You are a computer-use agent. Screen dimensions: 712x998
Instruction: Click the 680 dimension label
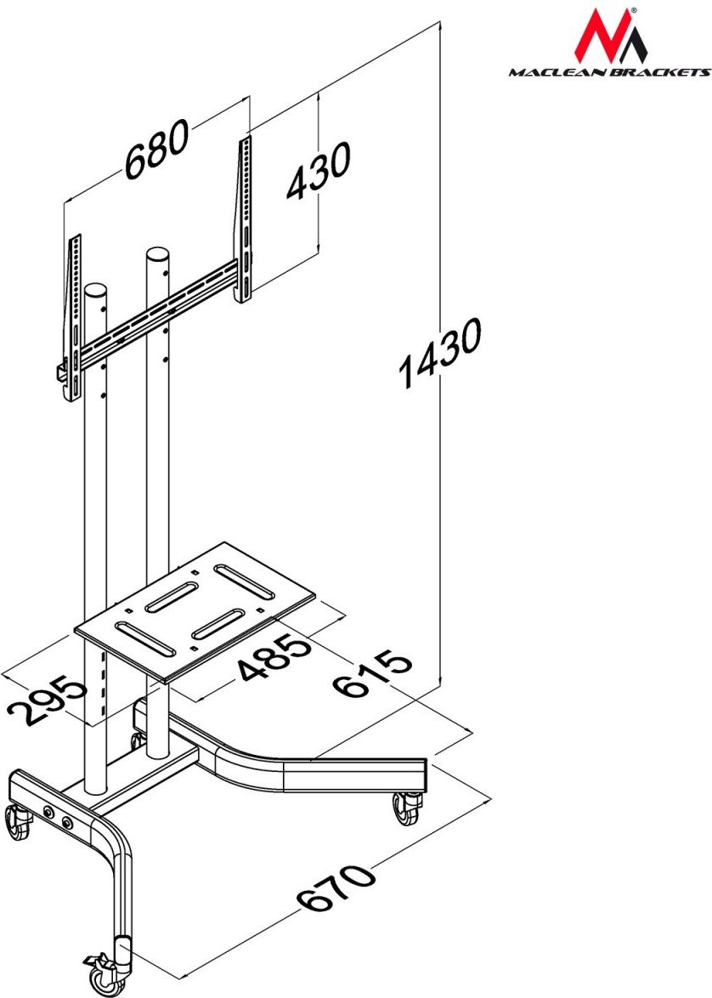(156, 148)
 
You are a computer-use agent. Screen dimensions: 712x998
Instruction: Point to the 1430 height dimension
(439, 353)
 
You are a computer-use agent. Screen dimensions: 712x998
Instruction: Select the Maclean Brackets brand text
(609, 72)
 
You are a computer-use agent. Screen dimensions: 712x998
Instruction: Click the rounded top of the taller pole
(157, 254)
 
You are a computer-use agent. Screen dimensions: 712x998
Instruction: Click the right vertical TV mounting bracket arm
(244, 218)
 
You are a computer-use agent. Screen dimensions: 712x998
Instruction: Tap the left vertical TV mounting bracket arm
(74, 318)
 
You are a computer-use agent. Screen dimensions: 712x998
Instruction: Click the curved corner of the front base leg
(113, 839)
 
